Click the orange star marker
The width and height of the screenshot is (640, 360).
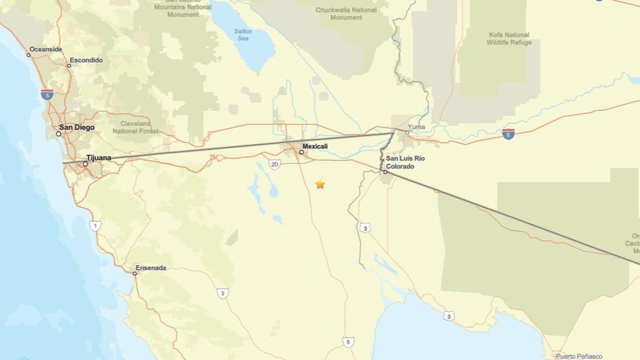click(x=320, y=184)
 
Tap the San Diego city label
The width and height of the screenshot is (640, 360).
click(x=77, y=127)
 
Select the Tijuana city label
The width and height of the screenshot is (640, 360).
click(x=99, y=158)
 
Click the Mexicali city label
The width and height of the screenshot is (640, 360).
click(x=315, y=147)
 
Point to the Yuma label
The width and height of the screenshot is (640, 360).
click(x=416, y=127)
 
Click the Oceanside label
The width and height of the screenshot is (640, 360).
click(x=45, y=49)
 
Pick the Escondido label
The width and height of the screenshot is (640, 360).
click(x=86, y=60)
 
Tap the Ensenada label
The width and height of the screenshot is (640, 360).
click(x=150, y=268)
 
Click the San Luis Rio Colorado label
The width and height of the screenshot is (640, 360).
click(x=405, y=162)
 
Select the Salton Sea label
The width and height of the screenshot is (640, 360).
click(x=243, y=35)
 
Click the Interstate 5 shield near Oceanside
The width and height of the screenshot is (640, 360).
click(x=47, y=94)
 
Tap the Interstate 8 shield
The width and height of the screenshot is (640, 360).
click(x=508, y=134)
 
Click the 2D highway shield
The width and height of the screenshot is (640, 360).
click(x=275, y=164)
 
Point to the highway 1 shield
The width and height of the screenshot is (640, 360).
click(x=95, y=226)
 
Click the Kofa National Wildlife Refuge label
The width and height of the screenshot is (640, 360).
click(x=509, y=39)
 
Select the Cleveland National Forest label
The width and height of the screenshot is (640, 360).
click(x=135, y=127)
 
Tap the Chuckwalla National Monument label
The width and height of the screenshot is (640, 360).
click(x=346, y=13)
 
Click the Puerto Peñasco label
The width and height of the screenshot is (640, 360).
click(x=579, y=356)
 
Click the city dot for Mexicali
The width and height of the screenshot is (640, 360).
click(x=301, y=152)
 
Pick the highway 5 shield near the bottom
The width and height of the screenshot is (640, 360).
click(x=349, y=341)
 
